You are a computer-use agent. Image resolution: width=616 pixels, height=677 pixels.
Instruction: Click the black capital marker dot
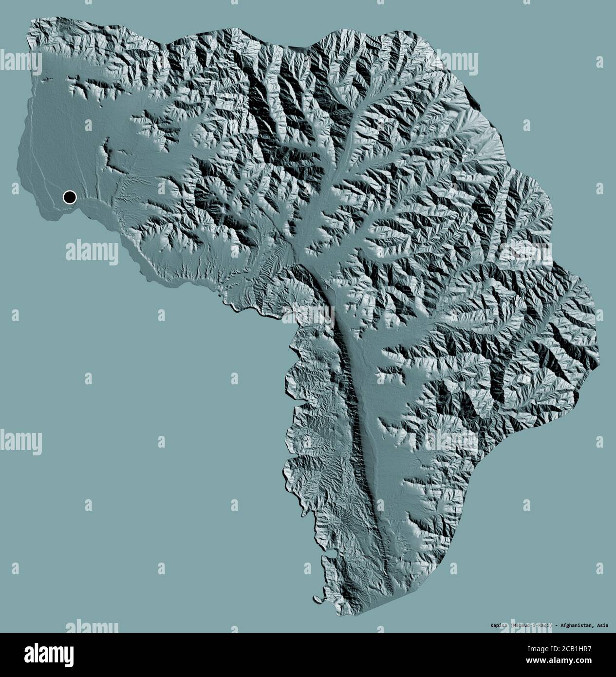[x=70, y=197]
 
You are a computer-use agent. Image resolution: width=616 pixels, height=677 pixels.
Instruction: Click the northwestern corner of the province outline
[x=32, y=20]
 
